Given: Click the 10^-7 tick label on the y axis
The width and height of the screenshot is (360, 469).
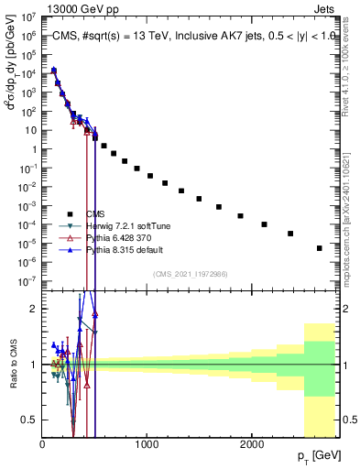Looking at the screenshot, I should (x=28, y=281).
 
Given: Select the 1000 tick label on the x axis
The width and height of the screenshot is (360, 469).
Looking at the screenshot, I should (x=147, y=444).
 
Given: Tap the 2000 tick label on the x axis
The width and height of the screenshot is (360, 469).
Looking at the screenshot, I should (x=252, y=444).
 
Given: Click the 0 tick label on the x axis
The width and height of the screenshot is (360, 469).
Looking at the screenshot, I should (x=42, y=444).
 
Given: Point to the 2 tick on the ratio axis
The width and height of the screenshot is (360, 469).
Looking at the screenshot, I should (x=34, y=309).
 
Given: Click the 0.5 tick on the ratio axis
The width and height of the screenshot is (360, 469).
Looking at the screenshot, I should (x=29, y=420).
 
